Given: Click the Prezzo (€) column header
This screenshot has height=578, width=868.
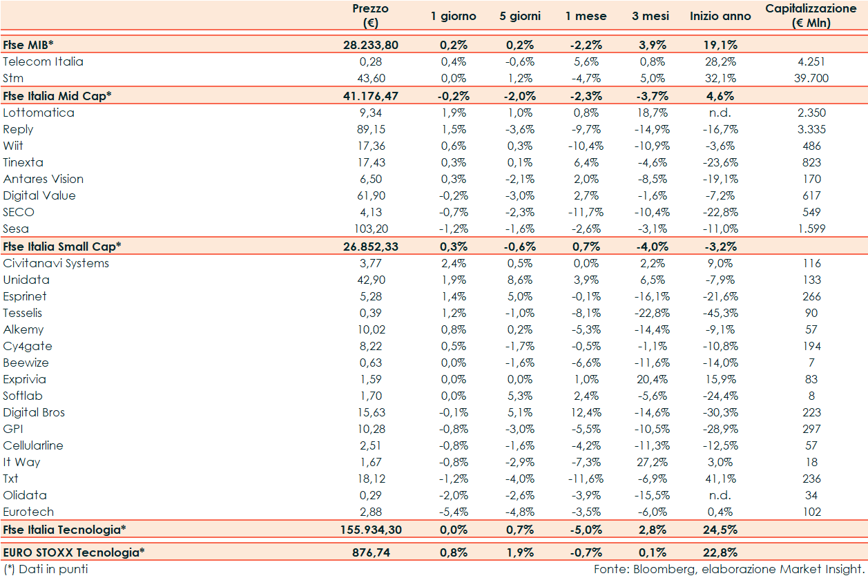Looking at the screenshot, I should click(x=370, y=15).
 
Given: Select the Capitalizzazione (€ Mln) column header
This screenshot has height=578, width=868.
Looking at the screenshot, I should click(x=811, y=15).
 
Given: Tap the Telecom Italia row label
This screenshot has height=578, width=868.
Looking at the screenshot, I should click(x=43, y=61).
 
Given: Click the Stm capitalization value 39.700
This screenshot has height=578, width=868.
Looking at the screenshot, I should click(x=811, y=78).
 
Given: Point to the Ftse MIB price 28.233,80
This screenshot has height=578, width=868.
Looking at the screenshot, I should click(x=370, y=45).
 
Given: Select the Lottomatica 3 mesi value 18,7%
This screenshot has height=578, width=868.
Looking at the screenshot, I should click(x=650, y=113).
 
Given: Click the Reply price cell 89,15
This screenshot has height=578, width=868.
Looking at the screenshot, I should click(x=370, y=129).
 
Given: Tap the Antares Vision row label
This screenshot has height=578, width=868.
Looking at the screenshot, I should click(x=44, y=179).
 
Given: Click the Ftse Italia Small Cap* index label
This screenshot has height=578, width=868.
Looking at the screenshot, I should click(x=62, y=246).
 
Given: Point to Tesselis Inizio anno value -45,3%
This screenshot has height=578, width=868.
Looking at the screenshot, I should click(x=720, y=313).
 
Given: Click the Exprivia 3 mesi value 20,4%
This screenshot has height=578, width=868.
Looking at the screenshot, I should click(x=650, y=379).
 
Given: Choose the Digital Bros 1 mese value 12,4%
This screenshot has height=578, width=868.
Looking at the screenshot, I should click(x=586, y=412).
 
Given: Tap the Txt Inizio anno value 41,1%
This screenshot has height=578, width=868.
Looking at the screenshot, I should click(x=720, y=479).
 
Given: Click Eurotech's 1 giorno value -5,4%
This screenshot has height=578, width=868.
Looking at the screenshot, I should click(x=454, y=512).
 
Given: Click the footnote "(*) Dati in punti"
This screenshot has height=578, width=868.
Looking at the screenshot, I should click(x=46, y=569).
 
